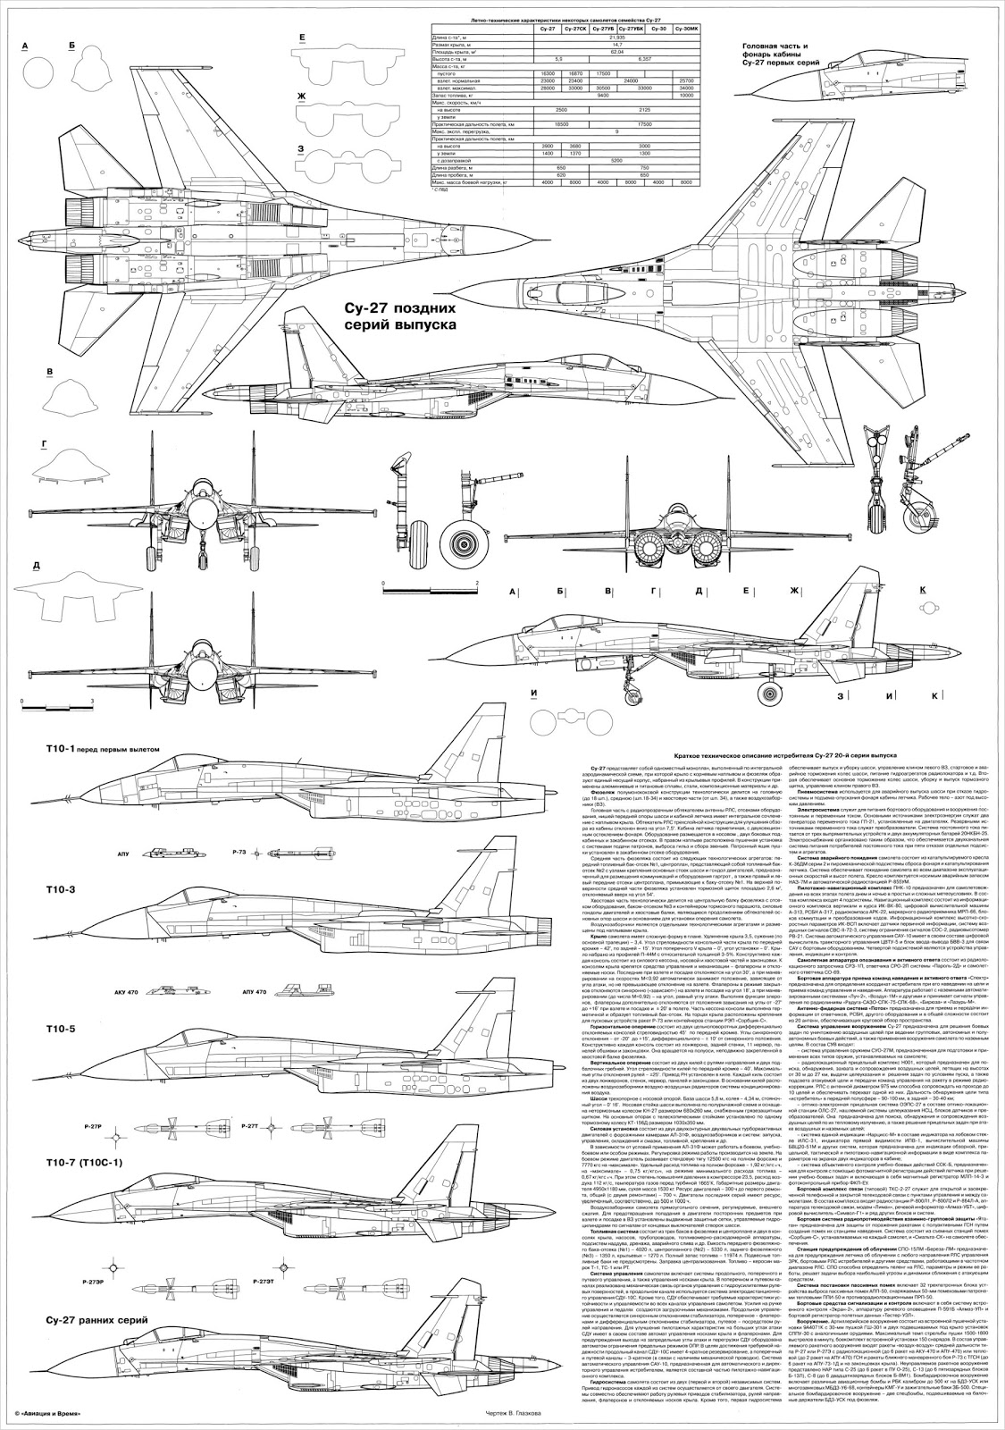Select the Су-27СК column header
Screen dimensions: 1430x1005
(577, 29)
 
